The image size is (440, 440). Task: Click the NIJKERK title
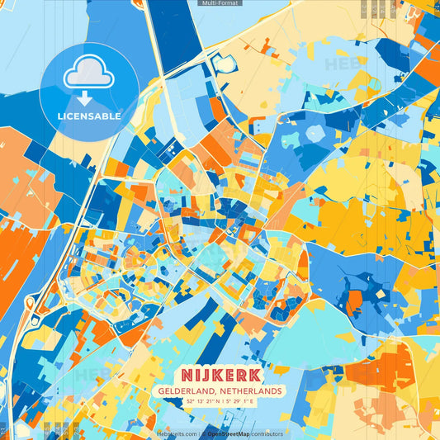click(220, 375)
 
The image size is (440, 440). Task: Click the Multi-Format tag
click(220, 3)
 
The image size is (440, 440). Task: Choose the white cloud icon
click(88, 72)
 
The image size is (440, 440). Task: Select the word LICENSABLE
click(88, 116)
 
